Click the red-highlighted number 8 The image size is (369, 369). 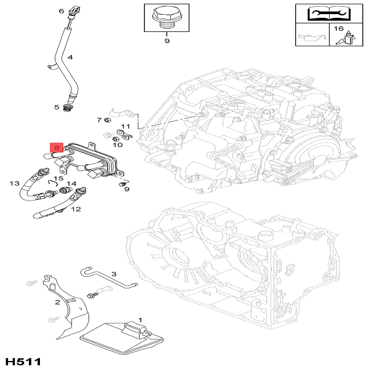click(56, 148)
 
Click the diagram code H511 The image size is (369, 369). click(23, 360)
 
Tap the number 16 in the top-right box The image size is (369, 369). click(339, 29)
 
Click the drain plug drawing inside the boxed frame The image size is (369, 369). click(166, 17)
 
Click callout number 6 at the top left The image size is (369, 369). click(61, 11)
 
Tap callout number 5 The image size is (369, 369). click(57, 107)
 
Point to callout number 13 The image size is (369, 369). click(14, 183)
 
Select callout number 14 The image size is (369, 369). click(71, 183)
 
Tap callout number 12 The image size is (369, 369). click(76, 209)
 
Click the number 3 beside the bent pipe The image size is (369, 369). click(114, 274)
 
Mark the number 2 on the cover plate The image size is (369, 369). click(57, 302)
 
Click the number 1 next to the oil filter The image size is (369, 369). click(140, 320)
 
